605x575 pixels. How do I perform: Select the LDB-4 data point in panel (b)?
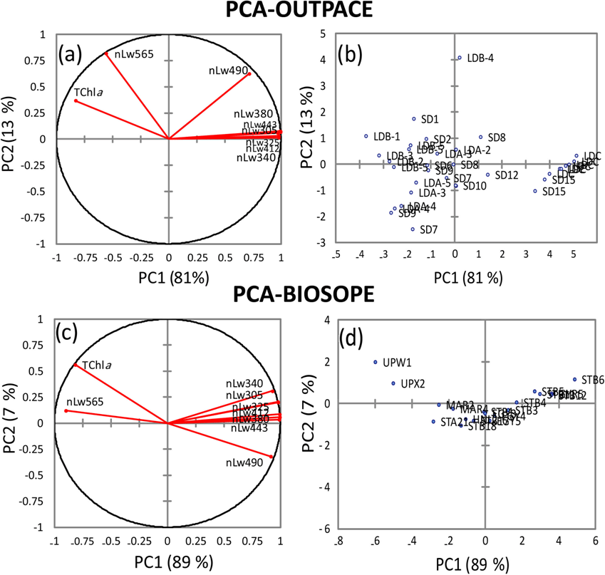click(460, 58)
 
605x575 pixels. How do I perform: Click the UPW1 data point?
click(376, 362)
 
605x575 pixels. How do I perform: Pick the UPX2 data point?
click(393, 383)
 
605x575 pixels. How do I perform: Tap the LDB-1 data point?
click(366, 136)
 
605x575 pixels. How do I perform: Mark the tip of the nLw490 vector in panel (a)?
click(249, 73)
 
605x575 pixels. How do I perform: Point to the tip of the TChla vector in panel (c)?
click(76, 366)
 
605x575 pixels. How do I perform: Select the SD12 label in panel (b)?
click(505, 175)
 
